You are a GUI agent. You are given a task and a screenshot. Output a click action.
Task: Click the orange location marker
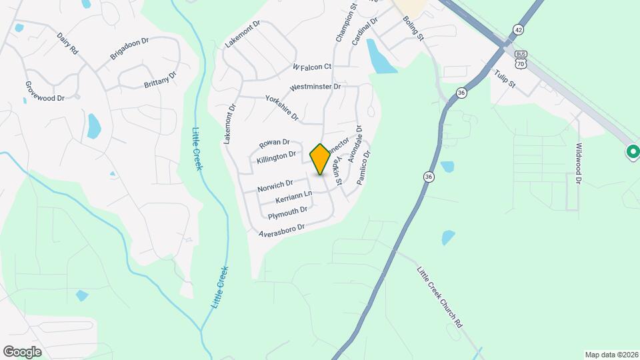(x=320, y=159)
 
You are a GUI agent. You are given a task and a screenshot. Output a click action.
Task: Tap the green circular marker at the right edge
(x=632, y=153)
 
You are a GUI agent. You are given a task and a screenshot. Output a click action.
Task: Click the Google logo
(x=22, y=351)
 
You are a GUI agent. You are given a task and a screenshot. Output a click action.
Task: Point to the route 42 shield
(x=518, y=29)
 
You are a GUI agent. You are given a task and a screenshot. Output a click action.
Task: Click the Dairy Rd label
(x=68, y=44)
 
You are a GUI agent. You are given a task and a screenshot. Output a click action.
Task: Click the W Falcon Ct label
(x=311, y=67)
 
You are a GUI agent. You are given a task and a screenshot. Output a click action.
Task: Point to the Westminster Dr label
(x=315, y=87)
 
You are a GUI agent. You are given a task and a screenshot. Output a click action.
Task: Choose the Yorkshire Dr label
(x=282, y=105)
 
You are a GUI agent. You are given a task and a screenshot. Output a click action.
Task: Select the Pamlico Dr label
(x=363, y=167)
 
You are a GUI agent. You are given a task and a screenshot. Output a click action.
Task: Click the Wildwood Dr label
(x=579, y=163)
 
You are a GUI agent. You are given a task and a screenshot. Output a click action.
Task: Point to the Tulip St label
(x=505, y=78)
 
